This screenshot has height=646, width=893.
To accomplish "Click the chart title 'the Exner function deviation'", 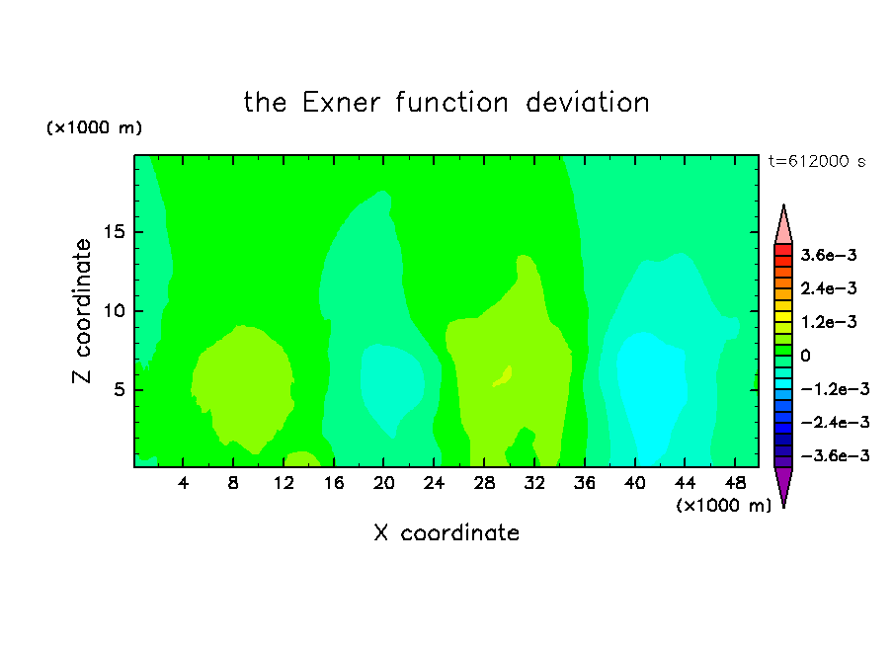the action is [x=446, y=103].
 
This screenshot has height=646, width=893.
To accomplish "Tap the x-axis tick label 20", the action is [x=384, y=483].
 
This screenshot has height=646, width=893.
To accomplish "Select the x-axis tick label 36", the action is [x=585, y=483].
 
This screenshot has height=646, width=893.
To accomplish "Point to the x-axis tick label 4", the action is [x=183, y=483].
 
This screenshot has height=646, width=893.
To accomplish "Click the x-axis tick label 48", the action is [x=735, y=483].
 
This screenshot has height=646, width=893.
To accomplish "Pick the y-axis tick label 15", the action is [x=114, y=232].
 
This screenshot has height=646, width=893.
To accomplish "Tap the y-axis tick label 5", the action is [x=120, y=389].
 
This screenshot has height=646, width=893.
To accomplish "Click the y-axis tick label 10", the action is [x=114, y=311].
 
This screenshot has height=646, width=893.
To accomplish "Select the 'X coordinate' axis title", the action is [x=446, y=532].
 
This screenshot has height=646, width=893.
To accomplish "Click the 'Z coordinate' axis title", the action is [x=81, y=311].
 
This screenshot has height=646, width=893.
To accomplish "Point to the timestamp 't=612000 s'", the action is [x=817, y=162].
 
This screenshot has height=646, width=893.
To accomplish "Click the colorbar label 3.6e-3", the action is [x=829, y=255].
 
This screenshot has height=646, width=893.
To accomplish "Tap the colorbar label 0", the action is [x=805, y=356].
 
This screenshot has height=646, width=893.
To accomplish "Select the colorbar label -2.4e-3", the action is [x=835, y=422].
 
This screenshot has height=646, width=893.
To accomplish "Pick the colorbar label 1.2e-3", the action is [x=829, y=322].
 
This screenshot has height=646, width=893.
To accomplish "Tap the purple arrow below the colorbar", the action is [x=783, y=484].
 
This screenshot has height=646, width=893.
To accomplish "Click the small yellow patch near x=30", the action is [x=504, y=376].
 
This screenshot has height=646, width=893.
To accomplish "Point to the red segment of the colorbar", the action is [x=783, y=250].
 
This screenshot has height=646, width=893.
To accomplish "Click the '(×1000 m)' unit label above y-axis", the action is [x=94, y=127].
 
